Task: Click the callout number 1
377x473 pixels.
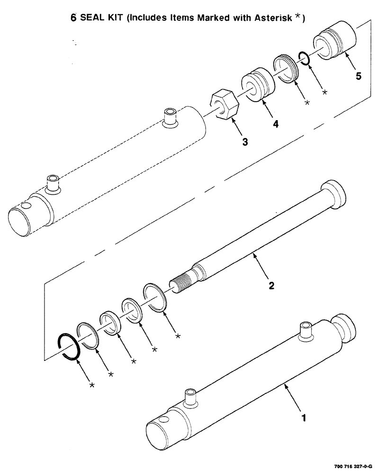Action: click(304, 418)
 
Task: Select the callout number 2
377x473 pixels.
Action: click(271, 285)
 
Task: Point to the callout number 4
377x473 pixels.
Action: click(275, 124)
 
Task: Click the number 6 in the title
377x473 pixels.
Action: click(73, 18)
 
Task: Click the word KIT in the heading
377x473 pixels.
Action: click(114, 18)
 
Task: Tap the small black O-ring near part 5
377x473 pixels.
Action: click(304, 58)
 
